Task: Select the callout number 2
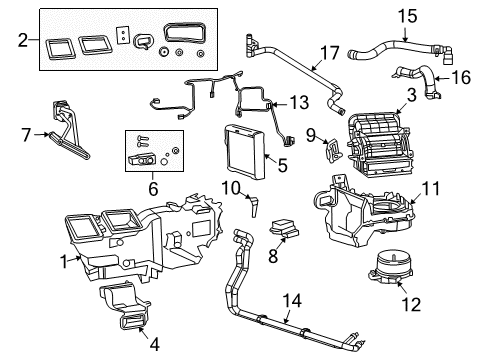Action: click(x=21, y=42)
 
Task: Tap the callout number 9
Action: click(x=310, y=134)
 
